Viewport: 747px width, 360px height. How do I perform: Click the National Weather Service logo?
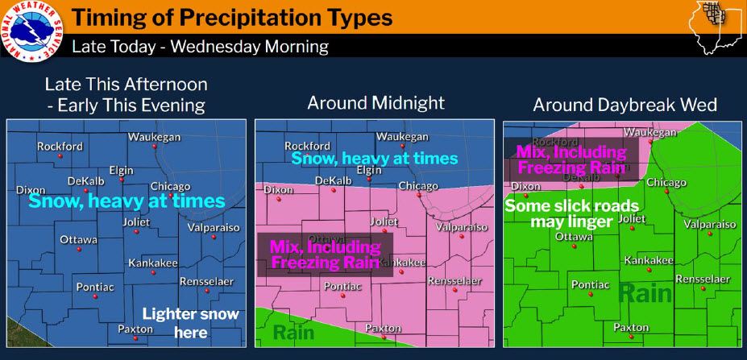31,31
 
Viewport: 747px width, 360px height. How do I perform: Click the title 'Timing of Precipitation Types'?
232,17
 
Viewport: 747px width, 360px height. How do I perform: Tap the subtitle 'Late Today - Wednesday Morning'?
200,46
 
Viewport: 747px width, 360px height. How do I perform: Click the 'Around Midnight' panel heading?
376,103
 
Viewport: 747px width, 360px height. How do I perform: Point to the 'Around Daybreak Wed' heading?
625,106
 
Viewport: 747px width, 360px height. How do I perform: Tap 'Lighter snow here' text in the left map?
190,323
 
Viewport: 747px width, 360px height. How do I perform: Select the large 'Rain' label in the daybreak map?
645,293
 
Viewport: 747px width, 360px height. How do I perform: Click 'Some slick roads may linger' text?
571,213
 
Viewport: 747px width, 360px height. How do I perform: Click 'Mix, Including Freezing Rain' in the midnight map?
324,254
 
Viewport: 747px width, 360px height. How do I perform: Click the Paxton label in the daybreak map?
630,327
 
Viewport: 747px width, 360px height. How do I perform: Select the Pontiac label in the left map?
95,287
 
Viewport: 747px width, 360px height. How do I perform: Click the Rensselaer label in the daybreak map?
702,279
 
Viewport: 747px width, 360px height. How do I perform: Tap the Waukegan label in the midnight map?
401,137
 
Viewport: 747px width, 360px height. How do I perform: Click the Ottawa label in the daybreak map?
575,237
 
